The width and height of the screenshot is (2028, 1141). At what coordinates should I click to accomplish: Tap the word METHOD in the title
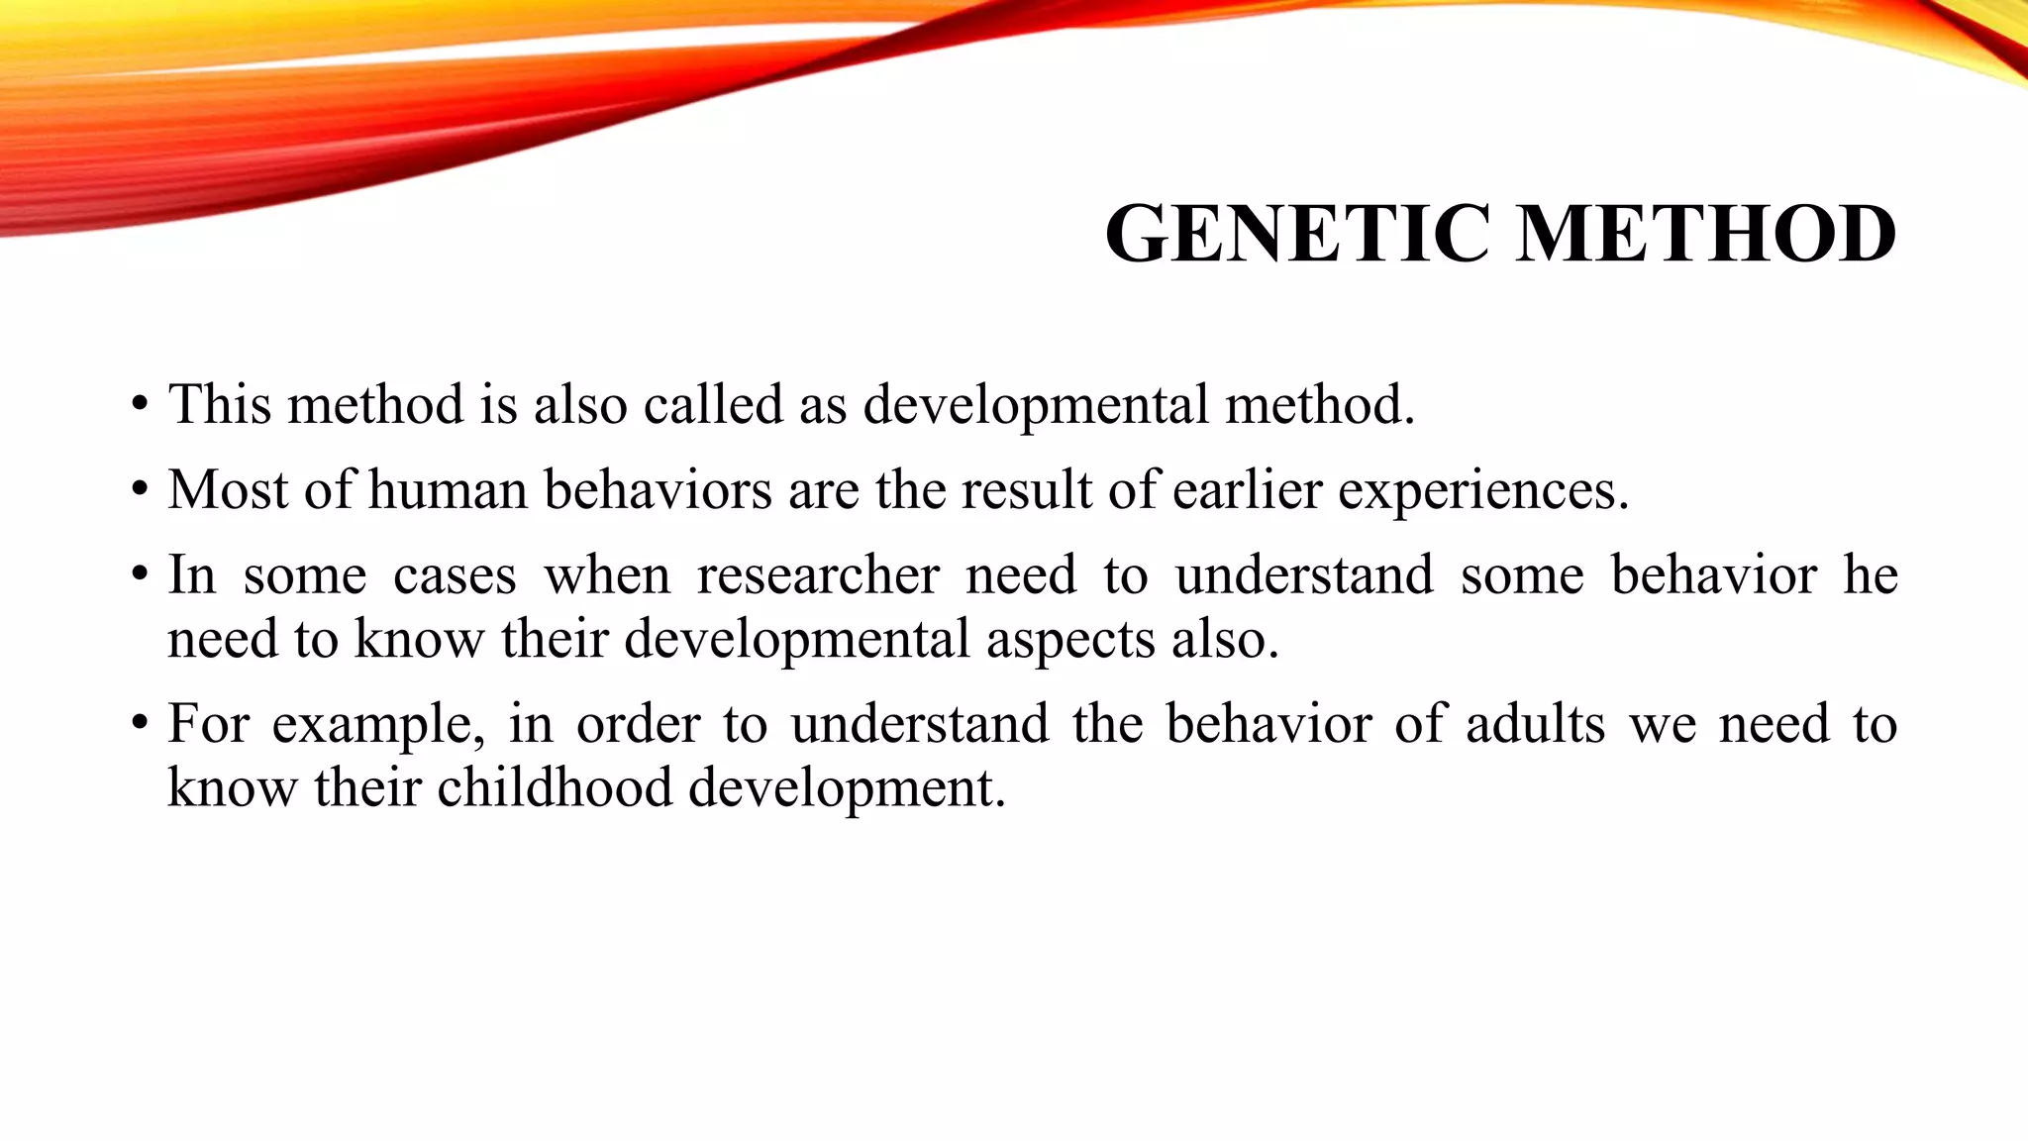(x=1705, y=234)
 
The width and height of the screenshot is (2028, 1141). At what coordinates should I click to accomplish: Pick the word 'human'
(x=448, y=489)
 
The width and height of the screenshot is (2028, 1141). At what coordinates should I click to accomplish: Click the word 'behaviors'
(x=658, y=489)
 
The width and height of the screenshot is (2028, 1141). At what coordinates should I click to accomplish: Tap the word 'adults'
(x=1535, y=723)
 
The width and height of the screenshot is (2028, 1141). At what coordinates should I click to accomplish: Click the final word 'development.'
(x=847, y=789)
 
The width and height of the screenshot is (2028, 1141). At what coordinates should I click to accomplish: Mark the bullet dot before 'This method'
(x=140, y=406)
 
